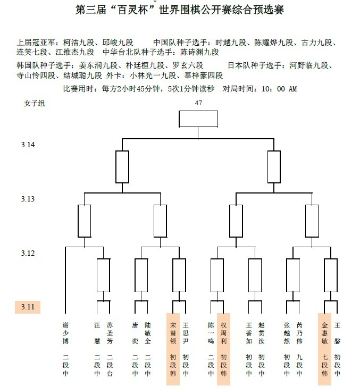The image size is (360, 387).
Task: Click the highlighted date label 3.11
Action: coord(28,307)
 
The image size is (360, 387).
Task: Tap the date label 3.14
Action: coord(28,145)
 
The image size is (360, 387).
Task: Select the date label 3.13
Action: coord(28,199)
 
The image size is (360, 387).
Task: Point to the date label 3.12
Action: coord(28,253)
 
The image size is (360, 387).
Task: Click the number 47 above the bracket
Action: coord(198,103)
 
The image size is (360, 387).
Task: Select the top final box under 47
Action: coord(198,119)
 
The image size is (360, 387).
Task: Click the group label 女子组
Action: coord(35,103)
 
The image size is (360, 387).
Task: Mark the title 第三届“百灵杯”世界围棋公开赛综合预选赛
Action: coord(180,10)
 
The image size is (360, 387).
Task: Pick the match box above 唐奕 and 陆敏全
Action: coord(141,274)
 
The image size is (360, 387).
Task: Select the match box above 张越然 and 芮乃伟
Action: coord(293,274)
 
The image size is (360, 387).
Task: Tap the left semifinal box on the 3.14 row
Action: coord(122,166)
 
